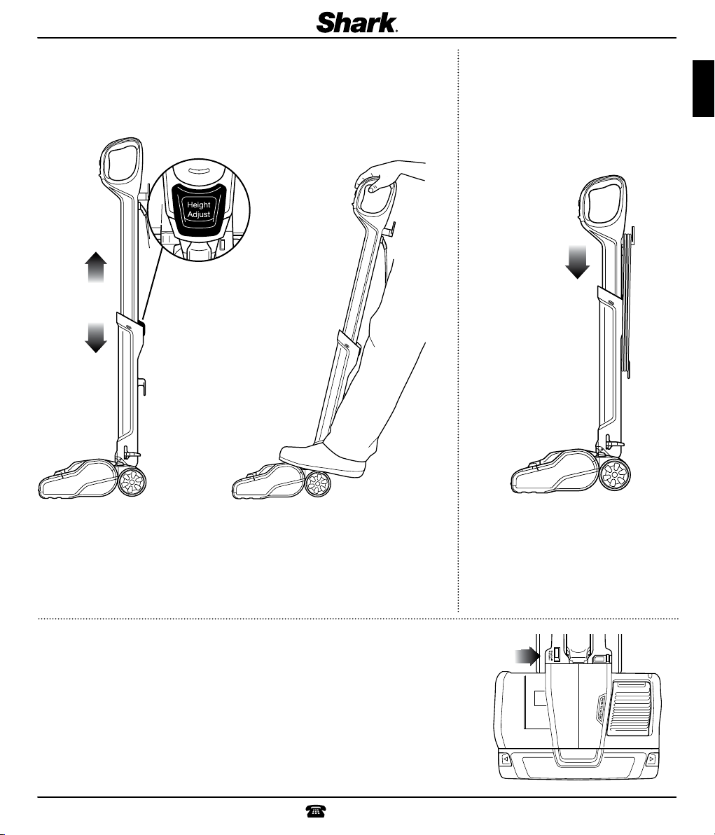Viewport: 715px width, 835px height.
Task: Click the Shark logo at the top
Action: [x=357, y=23]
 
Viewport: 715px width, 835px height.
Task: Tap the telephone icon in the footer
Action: [x=315, y=811]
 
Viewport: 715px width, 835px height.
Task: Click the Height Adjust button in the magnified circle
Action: [x=199, y=210]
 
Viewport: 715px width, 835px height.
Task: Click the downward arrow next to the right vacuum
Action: [x=577, y=262]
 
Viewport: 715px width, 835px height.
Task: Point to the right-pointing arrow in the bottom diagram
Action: [x=527, y=656]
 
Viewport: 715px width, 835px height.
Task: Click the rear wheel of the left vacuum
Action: [x=130, y=482]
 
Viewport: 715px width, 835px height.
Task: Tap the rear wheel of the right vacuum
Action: [x=615, y=474]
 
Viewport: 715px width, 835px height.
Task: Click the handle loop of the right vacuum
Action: [x=603, y=200]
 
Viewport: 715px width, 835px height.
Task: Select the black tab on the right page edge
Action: [x=703, y=88]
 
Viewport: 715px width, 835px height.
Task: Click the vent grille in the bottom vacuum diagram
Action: [x=630, y=710]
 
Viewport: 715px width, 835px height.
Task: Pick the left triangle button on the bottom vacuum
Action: [x=505, y=759]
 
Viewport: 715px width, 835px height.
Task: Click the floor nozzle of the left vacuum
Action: [x=78, y=478]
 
